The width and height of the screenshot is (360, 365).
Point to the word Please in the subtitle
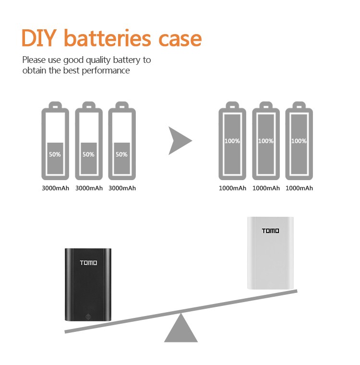pyautogui.click(x=34, y=60)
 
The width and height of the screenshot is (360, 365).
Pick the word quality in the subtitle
pyautogui.click(x=99, y=61)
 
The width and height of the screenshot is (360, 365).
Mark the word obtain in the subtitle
pyautogui.click(x=34, y=71)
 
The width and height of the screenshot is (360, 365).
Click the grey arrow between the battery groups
pyautogui.click(x=180, y=141)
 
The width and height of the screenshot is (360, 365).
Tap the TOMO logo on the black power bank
pyautogui.click(x=88, y=263)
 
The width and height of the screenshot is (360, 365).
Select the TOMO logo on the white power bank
pyautogui.click(x=270, y=231)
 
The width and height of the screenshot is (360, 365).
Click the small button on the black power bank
pyautogui.click(x=88, y=316)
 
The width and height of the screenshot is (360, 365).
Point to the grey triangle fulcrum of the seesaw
pyautogui.click(x=181, y=330)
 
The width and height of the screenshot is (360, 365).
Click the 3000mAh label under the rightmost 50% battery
pyautogui.click(x=122, y=188)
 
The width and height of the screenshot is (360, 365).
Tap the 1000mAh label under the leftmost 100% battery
pyautogui.click(x=232, y=188)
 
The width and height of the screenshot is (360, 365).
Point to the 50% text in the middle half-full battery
pyautogui.click(x=88, y=155)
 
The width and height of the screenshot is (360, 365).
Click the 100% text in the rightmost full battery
pyautogui.click(x=299, y=141)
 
